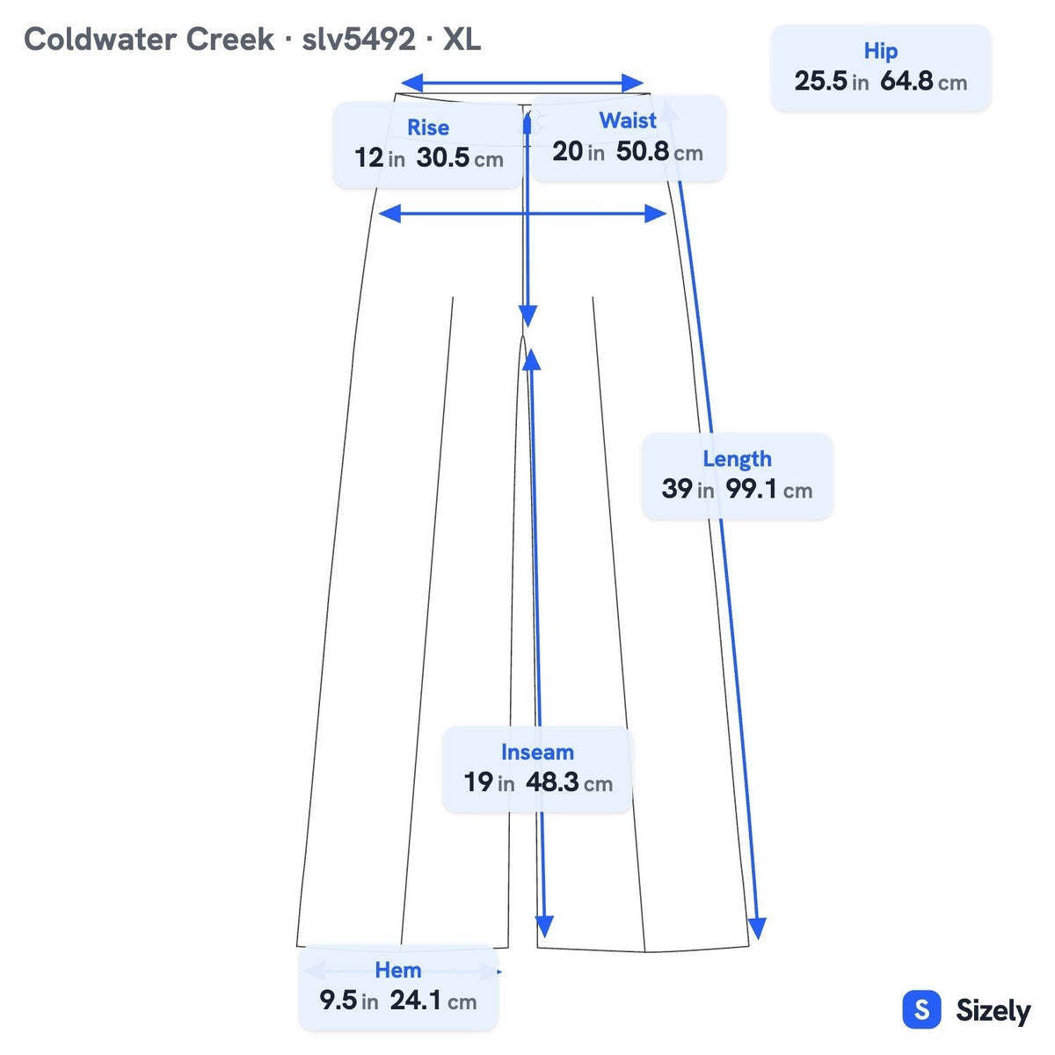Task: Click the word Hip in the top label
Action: tap(880, 52)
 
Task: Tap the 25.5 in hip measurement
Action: tap(831, 81)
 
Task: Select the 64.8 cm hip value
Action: tap(924, 81)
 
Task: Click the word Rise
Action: tap(427, 127)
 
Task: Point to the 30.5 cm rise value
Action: tap(459, 157)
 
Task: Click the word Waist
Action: tap(628, 120)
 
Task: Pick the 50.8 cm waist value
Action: tap(659, 151)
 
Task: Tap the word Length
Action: tap(737, 459)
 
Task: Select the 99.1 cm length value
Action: tap(768, 488)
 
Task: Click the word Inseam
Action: tap(537, 753)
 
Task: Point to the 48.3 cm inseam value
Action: tap(569, 782)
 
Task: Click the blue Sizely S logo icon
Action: tap(922, 1009)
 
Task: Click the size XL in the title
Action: tap(462, 40)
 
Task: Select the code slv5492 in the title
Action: tap(358, 40)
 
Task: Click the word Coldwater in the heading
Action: tap(101, 40)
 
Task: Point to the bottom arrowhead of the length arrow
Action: tap(757, 928)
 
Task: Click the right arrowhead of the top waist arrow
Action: tap(633, 84)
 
